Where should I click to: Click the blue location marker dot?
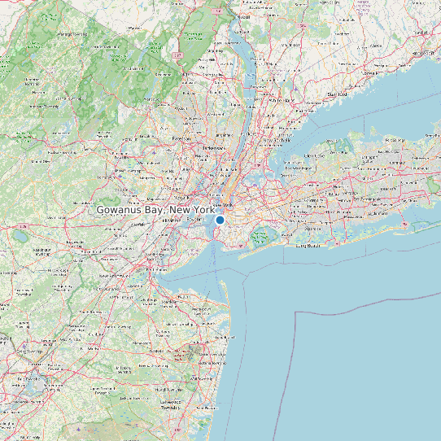[x=220, y=220]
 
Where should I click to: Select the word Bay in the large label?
[x=155, y=210]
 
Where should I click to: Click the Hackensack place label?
[x=213, y=148]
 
